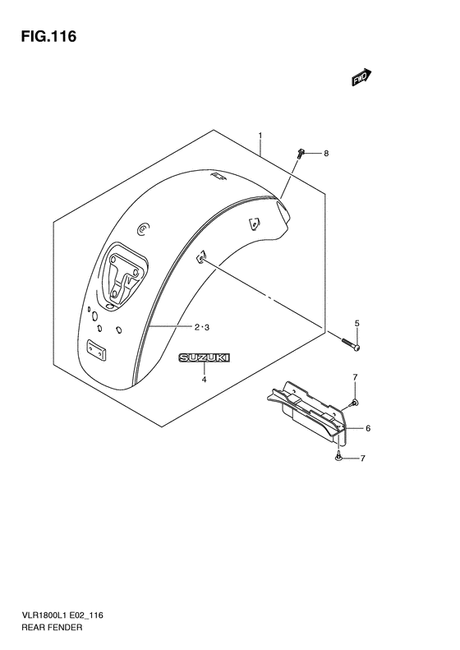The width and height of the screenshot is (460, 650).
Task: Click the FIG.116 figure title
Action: pyautogui.click(x=48, y=36)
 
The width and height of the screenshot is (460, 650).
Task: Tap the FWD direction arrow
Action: pyautogui.click(x=361, y=77)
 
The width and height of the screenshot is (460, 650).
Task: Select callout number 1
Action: pyautogui.click(x=260, y=136)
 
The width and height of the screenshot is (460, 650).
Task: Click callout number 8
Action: pyautogui.click(x=326, y=154)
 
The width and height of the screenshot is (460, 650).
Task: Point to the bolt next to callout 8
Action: pyautogui.click(x=301, y=154)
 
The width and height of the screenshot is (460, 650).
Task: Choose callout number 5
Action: pyautogui.click(x=356, y=323)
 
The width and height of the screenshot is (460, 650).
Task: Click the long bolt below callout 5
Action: pyautogui.click(x=351, y=344)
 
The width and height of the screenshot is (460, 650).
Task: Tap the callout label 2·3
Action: pyautogui.click(x=202, y=328)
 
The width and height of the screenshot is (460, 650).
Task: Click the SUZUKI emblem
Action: pyautogui.click(x=204, y=357)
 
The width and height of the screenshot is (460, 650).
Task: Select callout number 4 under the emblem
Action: pyautogui.click(x=204, y=380)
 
